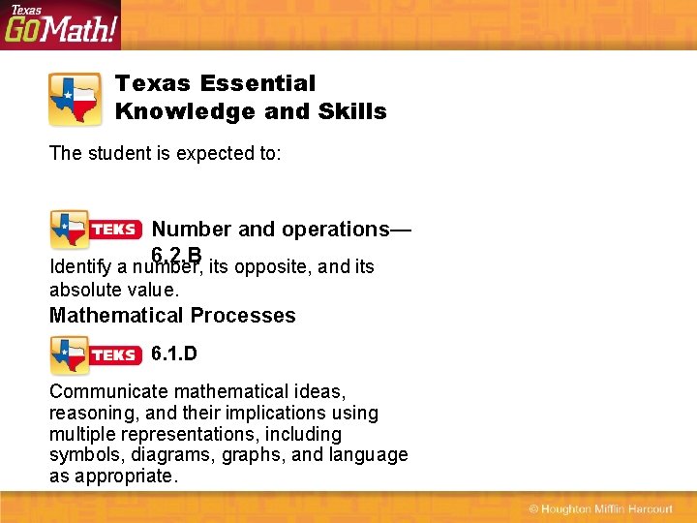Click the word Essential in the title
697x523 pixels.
258,84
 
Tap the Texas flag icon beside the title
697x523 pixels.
75,99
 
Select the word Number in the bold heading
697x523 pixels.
192,230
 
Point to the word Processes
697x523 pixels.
245,315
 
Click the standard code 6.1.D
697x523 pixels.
174,354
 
